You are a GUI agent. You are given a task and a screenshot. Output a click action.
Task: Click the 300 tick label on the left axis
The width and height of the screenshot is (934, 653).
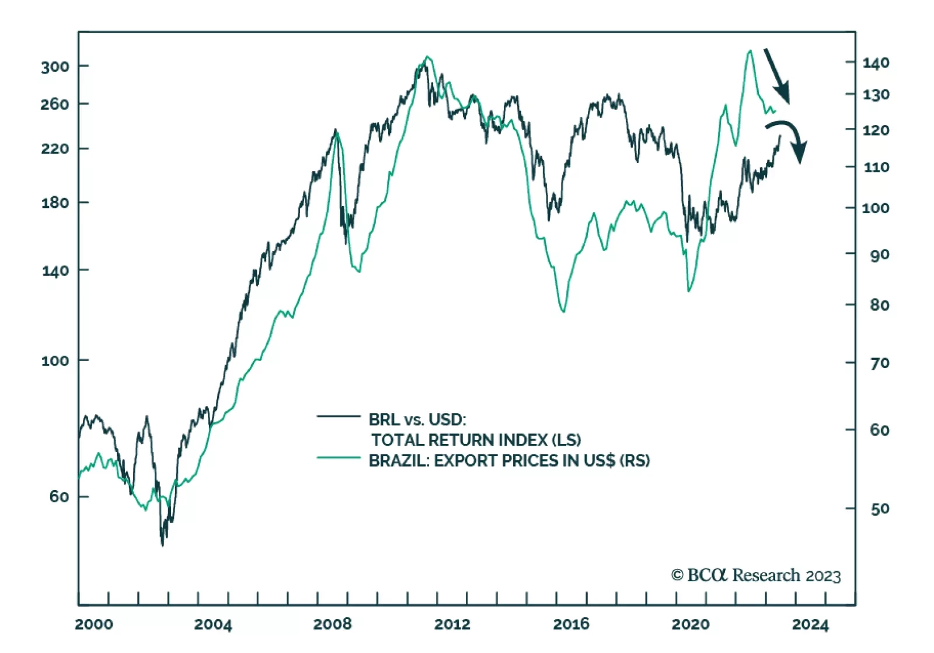(55, 67)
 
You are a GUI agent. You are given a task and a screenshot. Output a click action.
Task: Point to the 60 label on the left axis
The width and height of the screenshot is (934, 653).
(59, 496)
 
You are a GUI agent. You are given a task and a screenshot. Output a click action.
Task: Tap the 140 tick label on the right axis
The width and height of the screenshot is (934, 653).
(876, 62)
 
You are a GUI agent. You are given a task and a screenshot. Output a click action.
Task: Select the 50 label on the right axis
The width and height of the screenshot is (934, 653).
(880, 509)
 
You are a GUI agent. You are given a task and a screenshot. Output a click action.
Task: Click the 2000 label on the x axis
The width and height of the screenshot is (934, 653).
(94, 624)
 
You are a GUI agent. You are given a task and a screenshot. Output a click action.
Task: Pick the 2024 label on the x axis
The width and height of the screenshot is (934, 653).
(810, 624)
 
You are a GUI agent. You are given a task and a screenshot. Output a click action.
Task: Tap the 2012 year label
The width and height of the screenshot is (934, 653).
(452, 624)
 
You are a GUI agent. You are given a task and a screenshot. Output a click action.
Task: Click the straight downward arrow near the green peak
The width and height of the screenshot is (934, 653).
(777, 76)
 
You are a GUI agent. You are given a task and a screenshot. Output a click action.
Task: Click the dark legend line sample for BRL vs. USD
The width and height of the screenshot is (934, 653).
(339, 416)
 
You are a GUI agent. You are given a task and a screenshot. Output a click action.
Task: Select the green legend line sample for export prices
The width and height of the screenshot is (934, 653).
(339, 458)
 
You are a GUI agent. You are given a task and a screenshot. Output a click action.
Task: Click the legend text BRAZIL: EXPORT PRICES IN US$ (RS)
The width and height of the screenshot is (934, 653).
(509, 461)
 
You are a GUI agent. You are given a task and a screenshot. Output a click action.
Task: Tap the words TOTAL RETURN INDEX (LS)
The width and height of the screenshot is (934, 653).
(476, 440)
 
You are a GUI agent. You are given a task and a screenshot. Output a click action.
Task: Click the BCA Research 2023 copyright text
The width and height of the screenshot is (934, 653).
(755, 575)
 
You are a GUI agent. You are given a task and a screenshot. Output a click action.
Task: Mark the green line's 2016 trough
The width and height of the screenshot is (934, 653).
(563, 311)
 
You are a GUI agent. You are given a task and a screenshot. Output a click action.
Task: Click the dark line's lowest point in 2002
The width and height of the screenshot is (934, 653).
(162, 546)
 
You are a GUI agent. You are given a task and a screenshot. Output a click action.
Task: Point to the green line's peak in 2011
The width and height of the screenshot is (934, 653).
(428, 57)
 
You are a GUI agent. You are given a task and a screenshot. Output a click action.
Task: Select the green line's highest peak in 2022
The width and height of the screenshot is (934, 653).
(750, 51)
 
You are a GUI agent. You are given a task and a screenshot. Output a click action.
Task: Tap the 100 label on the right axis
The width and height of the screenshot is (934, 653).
(876, 208)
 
